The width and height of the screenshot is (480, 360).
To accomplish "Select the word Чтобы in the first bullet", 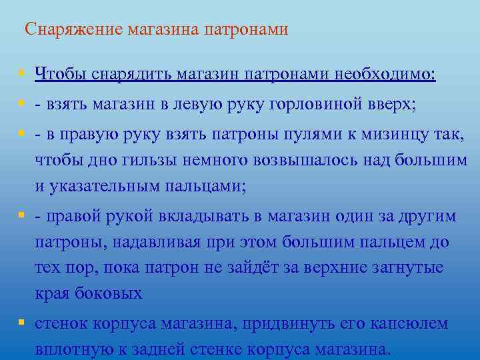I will coord(57,73).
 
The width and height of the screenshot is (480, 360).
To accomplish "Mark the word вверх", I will coord(391,105).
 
